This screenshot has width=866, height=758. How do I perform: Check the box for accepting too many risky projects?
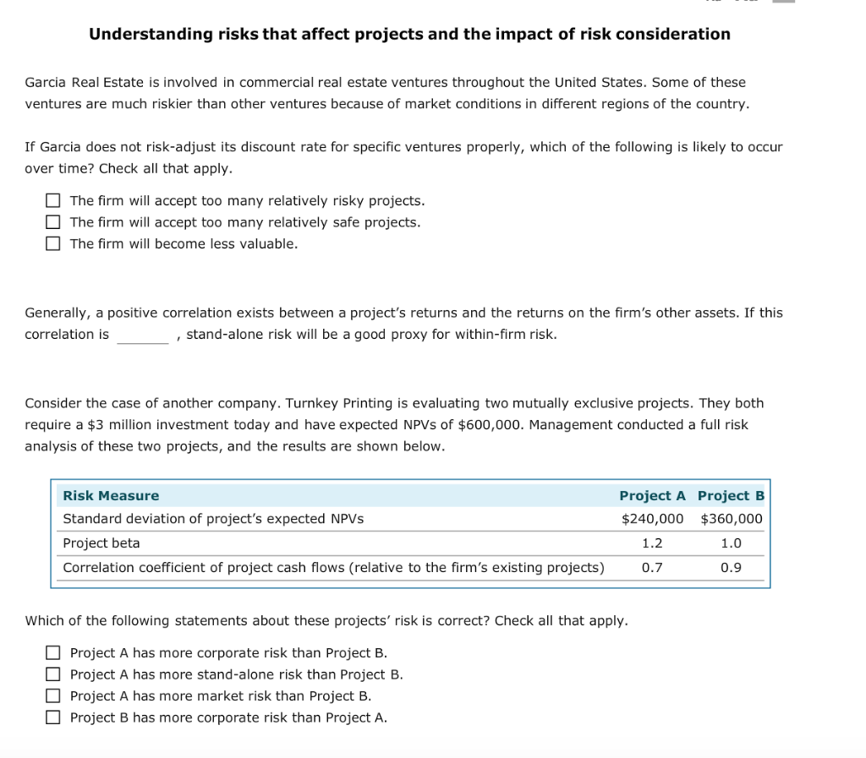(53, 201)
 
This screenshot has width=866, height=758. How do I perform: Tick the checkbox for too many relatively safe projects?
(53, 222)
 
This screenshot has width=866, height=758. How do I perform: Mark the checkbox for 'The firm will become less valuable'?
(53, 244)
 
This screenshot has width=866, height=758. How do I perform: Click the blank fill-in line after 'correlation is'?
(143, 335)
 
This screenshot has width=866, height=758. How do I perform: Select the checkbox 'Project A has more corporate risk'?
(53, 653)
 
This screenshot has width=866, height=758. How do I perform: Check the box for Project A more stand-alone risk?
(53, 674)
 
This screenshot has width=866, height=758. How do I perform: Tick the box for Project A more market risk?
(53, 696)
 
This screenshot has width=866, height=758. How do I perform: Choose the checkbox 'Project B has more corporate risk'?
(53, 717)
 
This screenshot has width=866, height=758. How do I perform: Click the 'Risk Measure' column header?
(111, 496)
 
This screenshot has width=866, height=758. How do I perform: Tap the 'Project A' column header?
(652, 496)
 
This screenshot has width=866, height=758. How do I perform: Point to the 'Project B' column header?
(731, 496)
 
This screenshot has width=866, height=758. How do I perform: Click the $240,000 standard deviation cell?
(652, 519)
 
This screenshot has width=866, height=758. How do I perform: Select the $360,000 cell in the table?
(732, 519)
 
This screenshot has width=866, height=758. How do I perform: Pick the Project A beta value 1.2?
(652, 543)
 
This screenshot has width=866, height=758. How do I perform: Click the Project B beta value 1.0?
(731, 543)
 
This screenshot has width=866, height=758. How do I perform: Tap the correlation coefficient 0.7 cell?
(652, 568)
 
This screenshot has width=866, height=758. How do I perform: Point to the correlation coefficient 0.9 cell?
(731, 568)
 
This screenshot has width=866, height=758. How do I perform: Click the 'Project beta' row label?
(101, 543)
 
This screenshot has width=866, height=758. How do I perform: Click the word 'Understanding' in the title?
(140, 35)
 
